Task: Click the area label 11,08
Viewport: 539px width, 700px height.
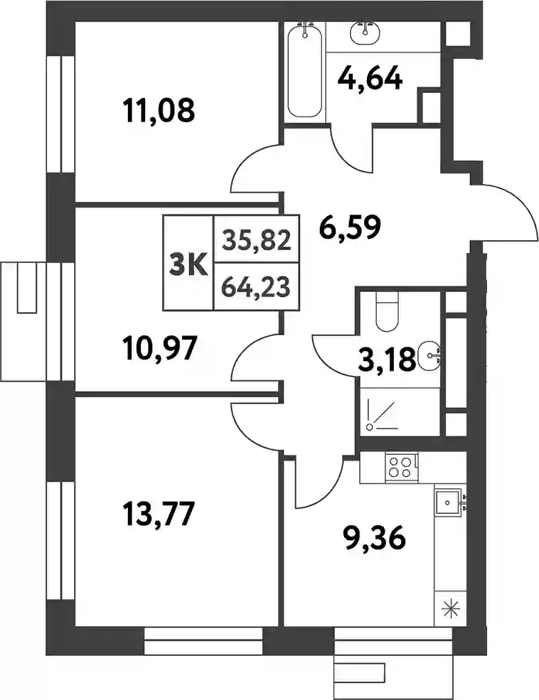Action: click(x=159, y=111)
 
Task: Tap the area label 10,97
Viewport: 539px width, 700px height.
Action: click(x=159, y=348)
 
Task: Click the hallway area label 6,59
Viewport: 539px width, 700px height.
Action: click(x=350, y=227)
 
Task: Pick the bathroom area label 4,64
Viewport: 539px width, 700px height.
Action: click(x=370, y=79)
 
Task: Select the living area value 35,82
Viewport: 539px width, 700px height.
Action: click(x=257, y=241)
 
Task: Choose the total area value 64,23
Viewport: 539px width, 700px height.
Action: click(x=257, y=286)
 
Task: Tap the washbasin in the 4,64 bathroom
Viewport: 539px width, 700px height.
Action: click(x=365, y=33)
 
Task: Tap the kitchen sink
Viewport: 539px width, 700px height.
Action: click(x=449, y=502)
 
